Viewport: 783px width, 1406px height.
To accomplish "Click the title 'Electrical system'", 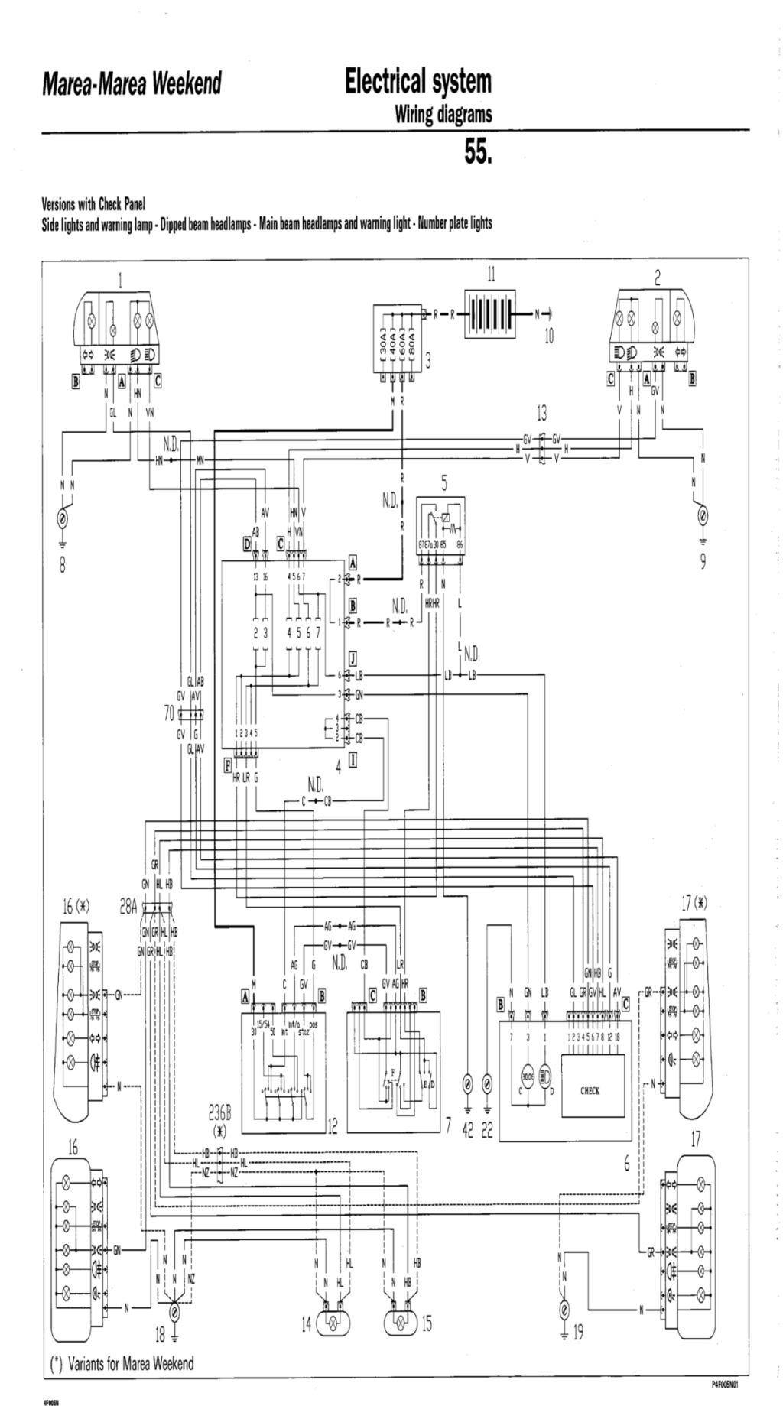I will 417,81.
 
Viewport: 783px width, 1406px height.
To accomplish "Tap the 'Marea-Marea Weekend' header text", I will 132,83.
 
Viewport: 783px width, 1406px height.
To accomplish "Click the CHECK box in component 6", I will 590,1091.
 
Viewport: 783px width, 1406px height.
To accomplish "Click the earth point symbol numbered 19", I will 564,1309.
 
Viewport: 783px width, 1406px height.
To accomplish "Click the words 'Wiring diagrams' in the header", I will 443,115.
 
